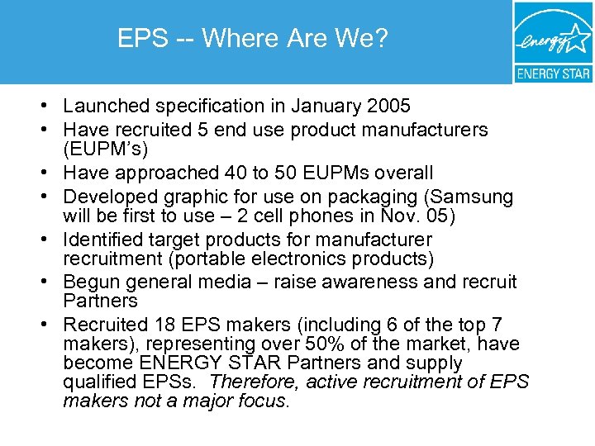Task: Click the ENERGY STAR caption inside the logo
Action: (553, 73)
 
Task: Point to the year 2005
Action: (388, 107)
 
